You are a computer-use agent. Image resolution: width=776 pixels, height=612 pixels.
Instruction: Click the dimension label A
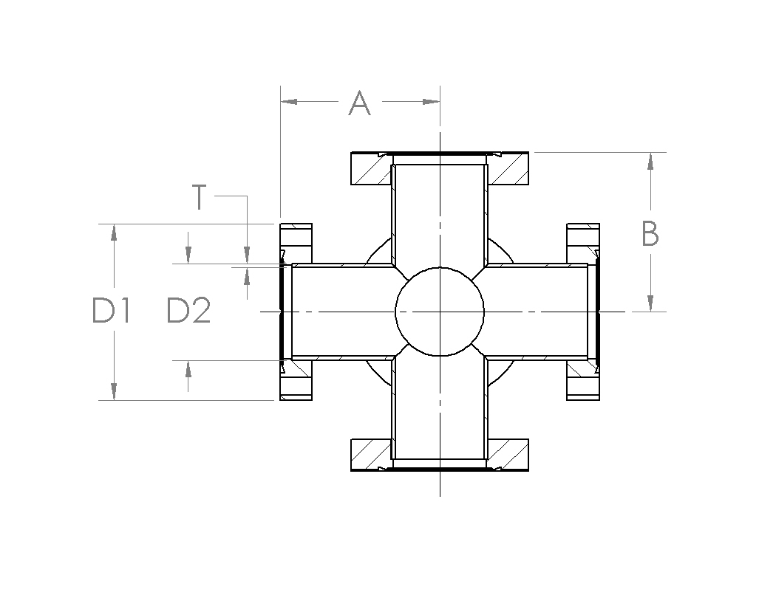(x=359, y=103)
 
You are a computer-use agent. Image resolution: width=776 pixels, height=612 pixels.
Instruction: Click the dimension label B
(x=650, y=234)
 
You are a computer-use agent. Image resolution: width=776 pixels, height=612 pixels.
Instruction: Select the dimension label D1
(x=112, y=312)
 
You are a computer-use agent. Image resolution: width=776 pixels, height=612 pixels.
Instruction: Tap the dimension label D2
(x=189, y=312)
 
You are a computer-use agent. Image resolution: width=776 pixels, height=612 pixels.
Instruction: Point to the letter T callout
(x=199, y=197)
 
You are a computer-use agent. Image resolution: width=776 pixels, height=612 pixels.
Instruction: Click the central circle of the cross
(x=440, y=312)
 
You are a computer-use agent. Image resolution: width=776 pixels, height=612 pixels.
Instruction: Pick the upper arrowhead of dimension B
(x=650, y=161)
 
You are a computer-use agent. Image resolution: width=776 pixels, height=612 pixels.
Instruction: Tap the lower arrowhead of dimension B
(x=650, y=303)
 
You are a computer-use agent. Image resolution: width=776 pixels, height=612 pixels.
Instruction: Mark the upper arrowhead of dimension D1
(x=114, y=232)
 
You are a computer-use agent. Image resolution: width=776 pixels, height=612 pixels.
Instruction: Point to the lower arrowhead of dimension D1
(x=114, y=391)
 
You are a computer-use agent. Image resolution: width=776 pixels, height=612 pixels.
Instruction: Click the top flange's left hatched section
(x=370, y=169)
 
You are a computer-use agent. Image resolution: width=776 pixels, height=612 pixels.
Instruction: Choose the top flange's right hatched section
(x=509, y=169)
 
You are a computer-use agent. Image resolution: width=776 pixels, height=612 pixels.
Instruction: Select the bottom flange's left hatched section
(x=370, y=454)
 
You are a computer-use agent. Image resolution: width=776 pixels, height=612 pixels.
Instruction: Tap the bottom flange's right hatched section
(x=509, y=454)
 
